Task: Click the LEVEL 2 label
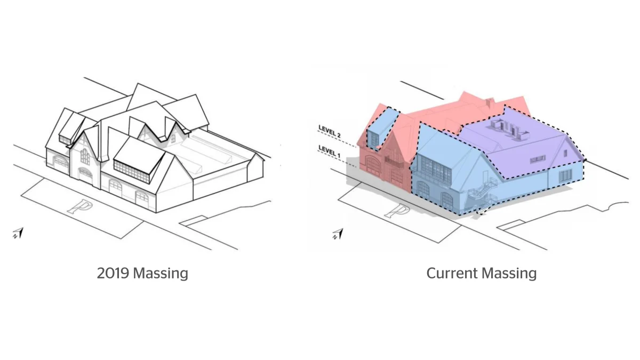click(x=330, y=131)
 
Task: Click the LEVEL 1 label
click(x=330, y=151)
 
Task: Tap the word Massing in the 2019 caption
click(x=161, y=274)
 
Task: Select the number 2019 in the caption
click(x=113, y=273)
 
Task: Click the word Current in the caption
click(x=452, y=273)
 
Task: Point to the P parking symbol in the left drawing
click(x=78, y=206)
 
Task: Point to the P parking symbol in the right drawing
click(x=398, y=211)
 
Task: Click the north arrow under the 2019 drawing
click(x=18, y=233)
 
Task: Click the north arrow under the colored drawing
click(x=338, y=234)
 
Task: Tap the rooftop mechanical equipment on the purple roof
click(x=509, y=130)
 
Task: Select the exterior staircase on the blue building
click(x=483, y=194)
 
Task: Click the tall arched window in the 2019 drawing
click(x=85, y=157)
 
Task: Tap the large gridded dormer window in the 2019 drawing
click(x=132, y=172)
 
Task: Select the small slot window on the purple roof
click(x=538, y=159)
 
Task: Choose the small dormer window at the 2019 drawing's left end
click(x=65, y=140)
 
